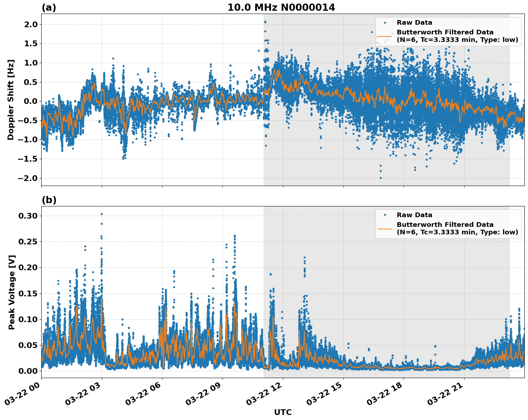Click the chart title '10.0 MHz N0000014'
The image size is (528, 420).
coord(281,8)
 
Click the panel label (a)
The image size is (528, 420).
coord(49,8)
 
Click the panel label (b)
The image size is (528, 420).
coord(49,200)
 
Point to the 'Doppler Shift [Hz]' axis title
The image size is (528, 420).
coord(11,100)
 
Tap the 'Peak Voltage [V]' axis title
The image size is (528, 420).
coord(12,292)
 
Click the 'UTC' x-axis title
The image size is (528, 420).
coord(283,412)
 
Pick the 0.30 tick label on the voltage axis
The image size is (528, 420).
coord(28,216)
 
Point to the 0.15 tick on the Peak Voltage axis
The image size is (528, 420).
coord(28,293)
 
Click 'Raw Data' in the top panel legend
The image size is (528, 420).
coord(414,23)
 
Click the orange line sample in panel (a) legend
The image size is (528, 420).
coord(385,36)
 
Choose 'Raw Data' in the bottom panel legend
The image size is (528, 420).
coord(414,215)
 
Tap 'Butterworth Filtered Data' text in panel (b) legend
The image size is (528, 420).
coord(445,225)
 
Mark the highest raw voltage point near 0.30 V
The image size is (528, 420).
coord(102,214)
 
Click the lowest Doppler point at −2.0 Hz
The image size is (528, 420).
coord(381,178)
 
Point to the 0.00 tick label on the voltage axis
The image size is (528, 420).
coord(28,371)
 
